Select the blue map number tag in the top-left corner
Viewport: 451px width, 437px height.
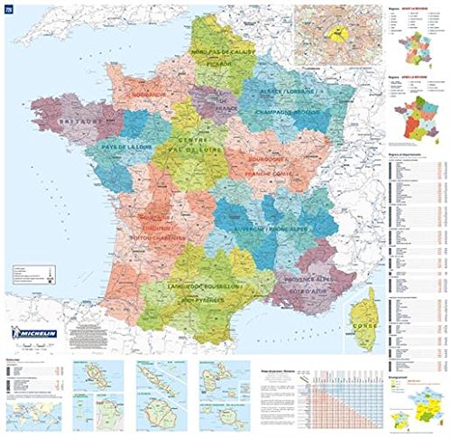(x=8, y=9)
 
